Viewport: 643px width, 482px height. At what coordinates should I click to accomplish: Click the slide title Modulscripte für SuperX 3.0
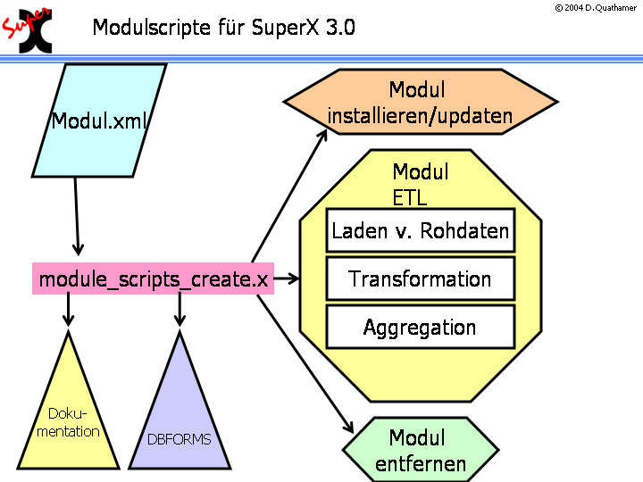tap(223, 28)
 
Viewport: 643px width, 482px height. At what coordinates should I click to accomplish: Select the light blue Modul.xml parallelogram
tap(98, 120)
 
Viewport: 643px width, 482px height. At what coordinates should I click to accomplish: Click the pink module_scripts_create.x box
tap(153, 279)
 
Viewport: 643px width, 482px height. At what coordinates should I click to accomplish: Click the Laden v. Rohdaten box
tap(420, 232)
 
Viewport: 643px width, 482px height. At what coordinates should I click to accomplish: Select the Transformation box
tap(420, 279)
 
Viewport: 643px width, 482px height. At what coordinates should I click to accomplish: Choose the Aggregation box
tap(420, 328)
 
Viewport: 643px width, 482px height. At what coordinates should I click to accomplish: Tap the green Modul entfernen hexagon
tap(421, 451)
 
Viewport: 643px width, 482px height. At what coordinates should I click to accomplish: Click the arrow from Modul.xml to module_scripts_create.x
tap(77, 216)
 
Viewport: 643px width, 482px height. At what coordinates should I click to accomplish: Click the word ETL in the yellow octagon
tap(408, 195)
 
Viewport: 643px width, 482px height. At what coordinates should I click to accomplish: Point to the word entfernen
tap(421, 463)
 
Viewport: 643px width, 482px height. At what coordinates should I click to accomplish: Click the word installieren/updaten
tap(420, 116)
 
